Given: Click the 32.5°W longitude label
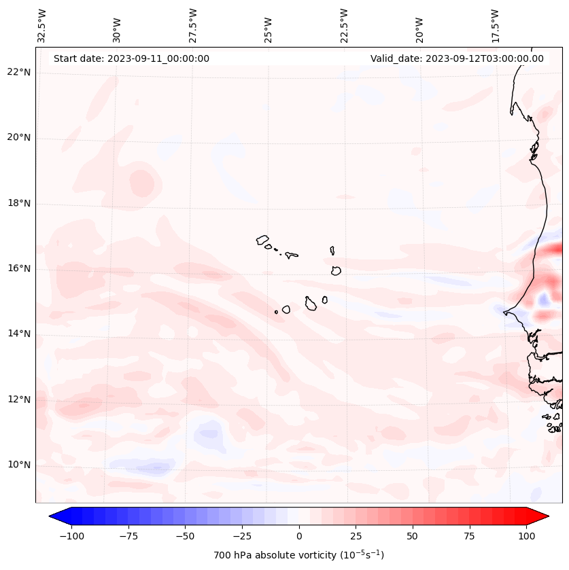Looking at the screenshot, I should point(42,25).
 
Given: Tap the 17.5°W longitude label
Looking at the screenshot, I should point(495,25).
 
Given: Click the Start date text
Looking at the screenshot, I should point(131,58).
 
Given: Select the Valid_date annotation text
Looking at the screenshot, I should point(457,58).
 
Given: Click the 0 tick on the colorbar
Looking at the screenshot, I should point(298,536).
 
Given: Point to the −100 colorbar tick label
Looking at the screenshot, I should point(71,536).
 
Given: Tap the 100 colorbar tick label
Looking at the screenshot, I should point(525,536).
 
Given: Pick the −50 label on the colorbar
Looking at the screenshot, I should point(185,536).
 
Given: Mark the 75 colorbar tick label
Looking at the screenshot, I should point(469,536).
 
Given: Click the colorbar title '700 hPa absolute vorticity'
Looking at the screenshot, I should point(298,555).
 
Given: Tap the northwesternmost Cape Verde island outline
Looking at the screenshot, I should point(262,240).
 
